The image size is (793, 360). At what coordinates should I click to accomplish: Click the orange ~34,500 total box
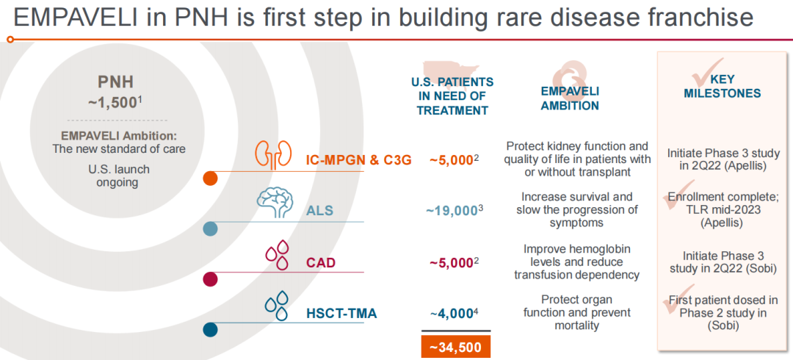coord(455,346)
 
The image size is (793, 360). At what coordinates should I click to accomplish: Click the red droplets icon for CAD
coord(278,256)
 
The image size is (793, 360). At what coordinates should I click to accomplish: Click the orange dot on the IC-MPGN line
coord(210,178)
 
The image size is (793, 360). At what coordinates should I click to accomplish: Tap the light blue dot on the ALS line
coord(210,229)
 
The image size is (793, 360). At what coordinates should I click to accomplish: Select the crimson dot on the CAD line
coord(210,279)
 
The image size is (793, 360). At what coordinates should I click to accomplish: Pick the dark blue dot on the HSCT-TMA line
coord(210,330)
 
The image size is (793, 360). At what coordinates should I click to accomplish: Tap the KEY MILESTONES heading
coord(723,87)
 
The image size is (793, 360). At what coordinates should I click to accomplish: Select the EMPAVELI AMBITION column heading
coord(570,98)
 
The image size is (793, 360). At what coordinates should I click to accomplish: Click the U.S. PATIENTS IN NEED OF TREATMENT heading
coord(452,96)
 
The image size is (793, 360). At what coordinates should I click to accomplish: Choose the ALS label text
coord(320,211)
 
